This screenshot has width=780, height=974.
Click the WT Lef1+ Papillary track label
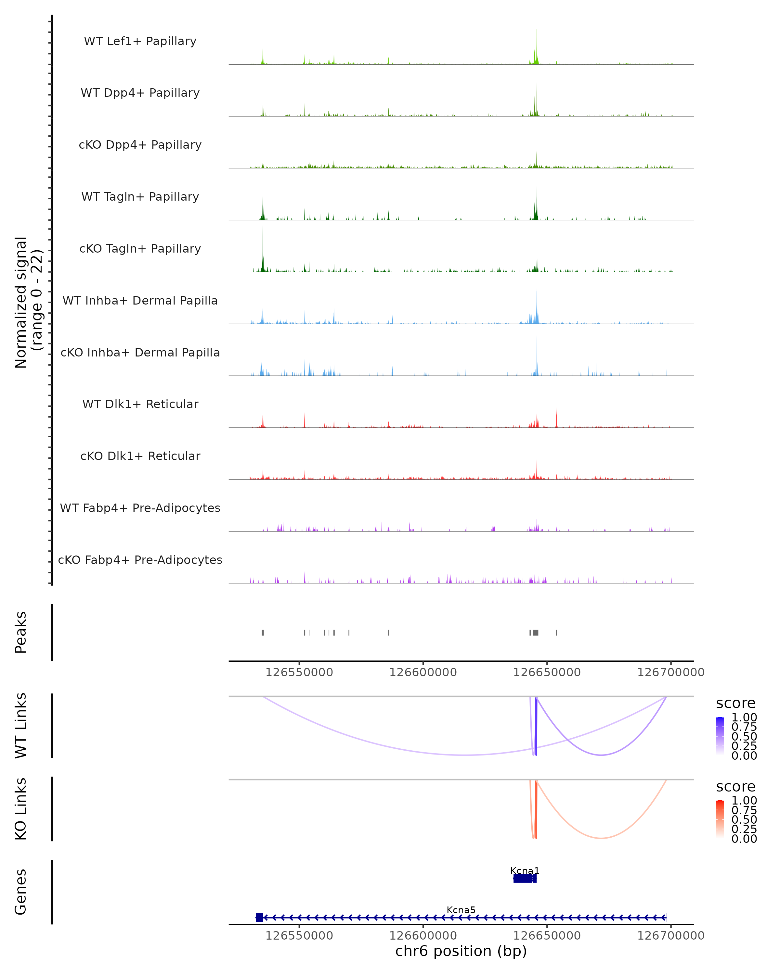coord(140,41)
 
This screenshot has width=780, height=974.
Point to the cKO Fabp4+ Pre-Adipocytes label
coord(140,560)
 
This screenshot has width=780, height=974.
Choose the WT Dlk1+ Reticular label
coord(140,404)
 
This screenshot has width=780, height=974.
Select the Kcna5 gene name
coord(461,910)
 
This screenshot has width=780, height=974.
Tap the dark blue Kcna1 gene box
coord(525,878)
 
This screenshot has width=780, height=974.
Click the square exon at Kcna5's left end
coord(259,917)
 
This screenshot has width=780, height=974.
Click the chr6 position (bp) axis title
coord(461,951)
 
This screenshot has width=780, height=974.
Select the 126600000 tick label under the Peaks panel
coord(423,672)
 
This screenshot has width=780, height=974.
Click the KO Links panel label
coord(21,809)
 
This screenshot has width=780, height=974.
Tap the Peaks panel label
coord(21,632)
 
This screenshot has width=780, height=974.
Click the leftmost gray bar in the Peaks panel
coord(263,632)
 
